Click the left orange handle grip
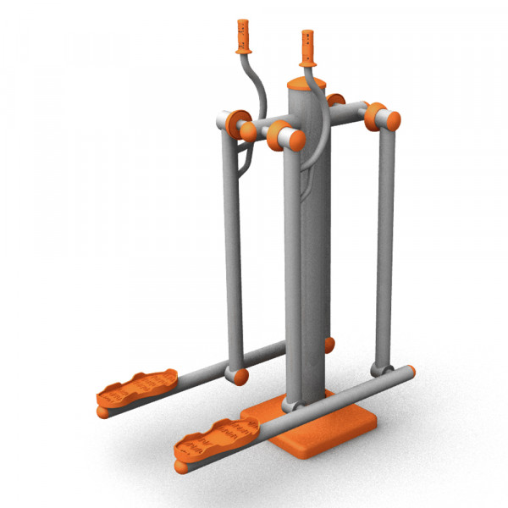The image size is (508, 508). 244,35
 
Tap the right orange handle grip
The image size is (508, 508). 306,47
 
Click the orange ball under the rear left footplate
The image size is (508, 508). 103,411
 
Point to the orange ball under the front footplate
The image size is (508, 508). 179,465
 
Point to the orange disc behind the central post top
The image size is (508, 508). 336,101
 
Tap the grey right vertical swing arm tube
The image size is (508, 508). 386,246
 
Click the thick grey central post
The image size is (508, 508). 311,254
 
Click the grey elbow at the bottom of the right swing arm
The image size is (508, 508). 378,368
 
